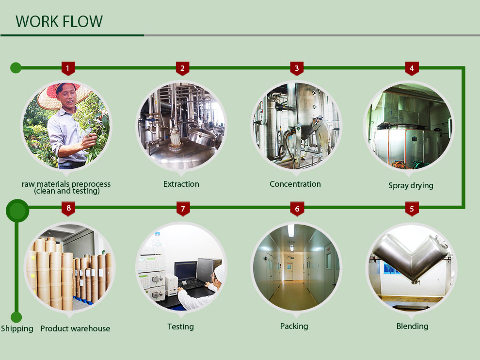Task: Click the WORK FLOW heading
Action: coord(59,22)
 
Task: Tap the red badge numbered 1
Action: coord(68,68)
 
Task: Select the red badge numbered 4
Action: coord(412,68)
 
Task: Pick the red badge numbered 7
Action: coord(183,209)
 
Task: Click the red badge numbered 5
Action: coord(412,209)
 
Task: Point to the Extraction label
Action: coord(181,184)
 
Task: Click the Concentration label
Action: coord(295,184)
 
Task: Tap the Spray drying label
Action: coord(411,185)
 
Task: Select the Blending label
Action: coord(412,327)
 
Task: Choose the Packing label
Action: coord(294,327)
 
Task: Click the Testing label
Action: coord(180,327)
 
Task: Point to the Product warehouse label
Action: coord(75,329)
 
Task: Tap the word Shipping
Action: coord(17,329)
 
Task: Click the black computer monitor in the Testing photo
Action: coord(185,270)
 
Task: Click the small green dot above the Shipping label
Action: coord(16,317)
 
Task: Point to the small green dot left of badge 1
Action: coord(16,67)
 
